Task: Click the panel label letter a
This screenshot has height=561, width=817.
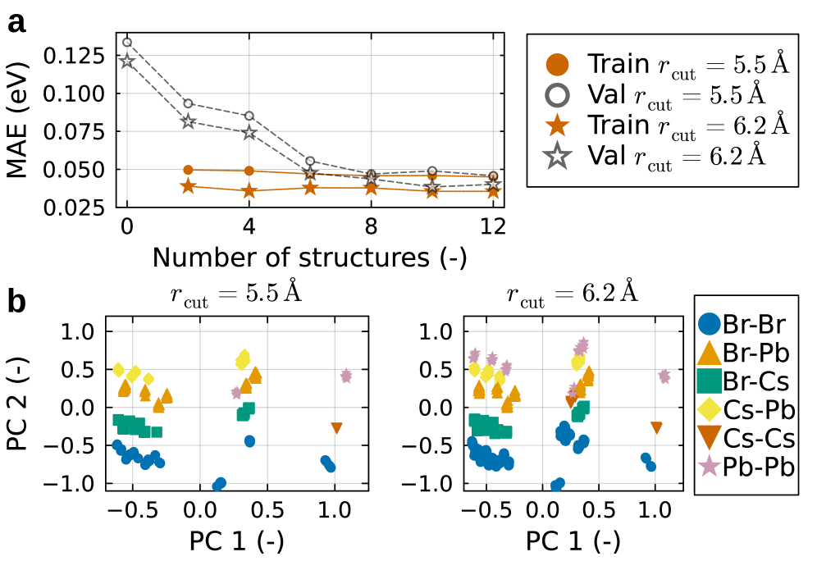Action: pyautogui.click(x=16, y=22)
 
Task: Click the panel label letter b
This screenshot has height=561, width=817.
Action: pyautogui.click(x=16, y=301)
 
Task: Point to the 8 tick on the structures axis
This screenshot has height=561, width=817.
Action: pyautogui.click(x=371, y=226)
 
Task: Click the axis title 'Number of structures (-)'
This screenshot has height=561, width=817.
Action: pyautogui.click(x=309, y=257)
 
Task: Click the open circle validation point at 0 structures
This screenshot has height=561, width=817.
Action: pyautogui.click(x=127, y=43)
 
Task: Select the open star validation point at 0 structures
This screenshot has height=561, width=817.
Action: pyautogui.click(x=127, y=62)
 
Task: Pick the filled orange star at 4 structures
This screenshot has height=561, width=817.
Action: pyautogui.click(x=249, y=191)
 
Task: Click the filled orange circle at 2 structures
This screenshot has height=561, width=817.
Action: pyautogui.click(x=188, y=170)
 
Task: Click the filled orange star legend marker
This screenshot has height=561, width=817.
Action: pyautogui.click(x=557, y=125)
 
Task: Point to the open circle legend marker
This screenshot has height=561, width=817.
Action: pyautogui.click(x=557, y=94)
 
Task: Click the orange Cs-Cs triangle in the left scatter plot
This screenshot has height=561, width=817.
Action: pyautogui.click(x=336, y=428)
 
